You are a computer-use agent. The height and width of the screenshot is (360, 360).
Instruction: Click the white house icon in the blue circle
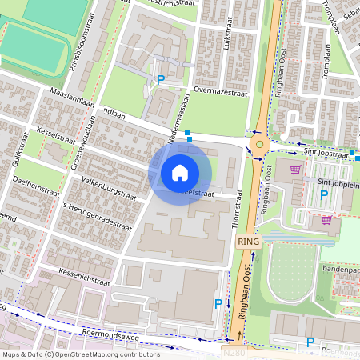point(179,172)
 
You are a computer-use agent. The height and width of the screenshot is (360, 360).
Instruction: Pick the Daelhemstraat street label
point(35,190)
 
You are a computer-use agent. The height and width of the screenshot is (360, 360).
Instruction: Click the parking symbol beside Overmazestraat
point(161,80)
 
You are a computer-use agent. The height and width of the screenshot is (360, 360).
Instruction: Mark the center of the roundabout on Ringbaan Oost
point(259,144)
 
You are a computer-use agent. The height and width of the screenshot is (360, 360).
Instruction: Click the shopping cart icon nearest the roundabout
point(297,169)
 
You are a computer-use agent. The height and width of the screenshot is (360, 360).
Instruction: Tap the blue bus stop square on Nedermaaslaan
point(187,134)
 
